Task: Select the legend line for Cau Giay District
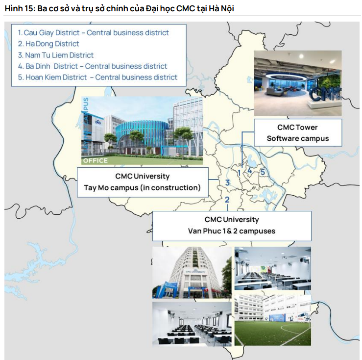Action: [x=93, y=33]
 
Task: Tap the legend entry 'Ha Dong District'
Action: [x=48, y=44]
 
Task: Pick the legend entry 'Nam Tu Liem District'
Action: [x=56, y=55]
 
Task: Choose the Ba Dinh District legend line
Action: [x=93, y=66]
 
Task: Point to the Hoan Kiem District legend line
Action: [x=97, y=77]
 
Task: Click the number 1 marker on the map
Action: [x=239, y=173]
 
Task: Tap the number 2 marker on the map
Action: [x=227, y=200]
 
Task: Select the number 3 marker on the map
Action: [x=228, y=182]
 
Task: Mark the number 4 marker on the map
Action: [x=249, y=171]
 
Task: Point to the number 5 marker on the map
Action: [x=263, y=172]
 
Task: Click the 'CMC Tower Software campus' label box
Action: [x=298, y=133]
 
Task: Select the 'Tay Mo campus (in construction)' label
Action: [x=142, y=187]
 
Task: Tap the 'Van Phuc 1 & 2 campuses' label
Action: [x=232, y=231]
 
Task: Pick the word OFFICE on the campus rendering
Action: [x=96, y=161]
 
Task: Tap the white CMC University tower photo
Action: [x=192, y=272]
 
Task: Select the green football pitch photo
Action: [x=273, y=320]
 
